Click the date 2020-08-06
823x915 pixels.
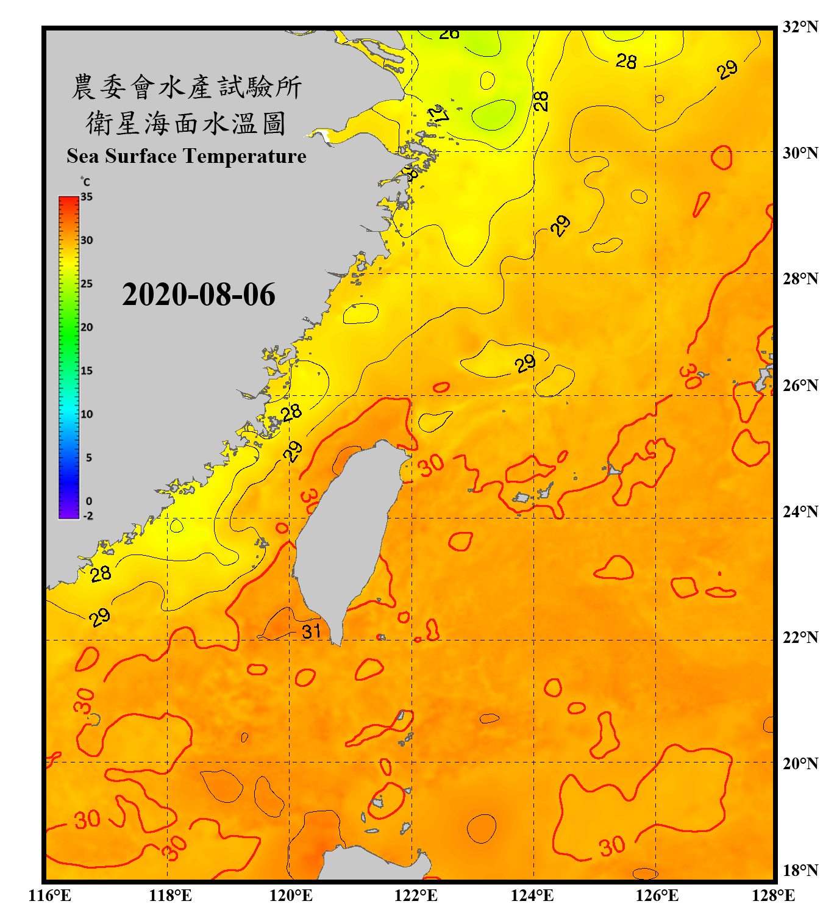198,295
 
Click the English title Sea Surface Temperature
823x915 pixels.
187,156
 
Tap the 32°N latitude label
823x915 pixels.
800,27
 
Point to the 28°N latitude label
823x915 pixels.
800,279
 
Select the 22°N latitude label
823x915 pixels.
800,637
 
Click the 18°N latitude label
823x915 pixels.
800,870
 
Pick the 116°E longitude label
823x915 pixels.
49,895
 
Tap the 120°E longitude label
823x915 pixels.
291,895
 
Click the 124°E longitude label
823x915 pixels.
532,895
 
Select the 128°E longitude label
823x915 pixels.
773,895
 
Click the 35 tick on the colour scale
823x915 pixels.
87,197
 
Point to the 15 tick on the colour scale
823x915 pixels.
87,371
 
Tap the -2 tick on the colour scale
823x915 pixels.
88,515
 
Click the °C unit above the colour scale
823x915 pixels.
85,182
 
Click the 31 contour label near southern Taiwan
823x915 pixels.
312,631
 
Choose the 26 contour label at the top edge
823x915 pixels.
449,34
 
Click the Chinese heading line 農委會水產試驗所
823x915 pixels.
187,87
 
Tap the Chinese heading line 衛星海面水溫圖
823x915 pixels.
187,123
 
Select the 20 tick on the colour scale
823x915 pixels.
87,328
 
